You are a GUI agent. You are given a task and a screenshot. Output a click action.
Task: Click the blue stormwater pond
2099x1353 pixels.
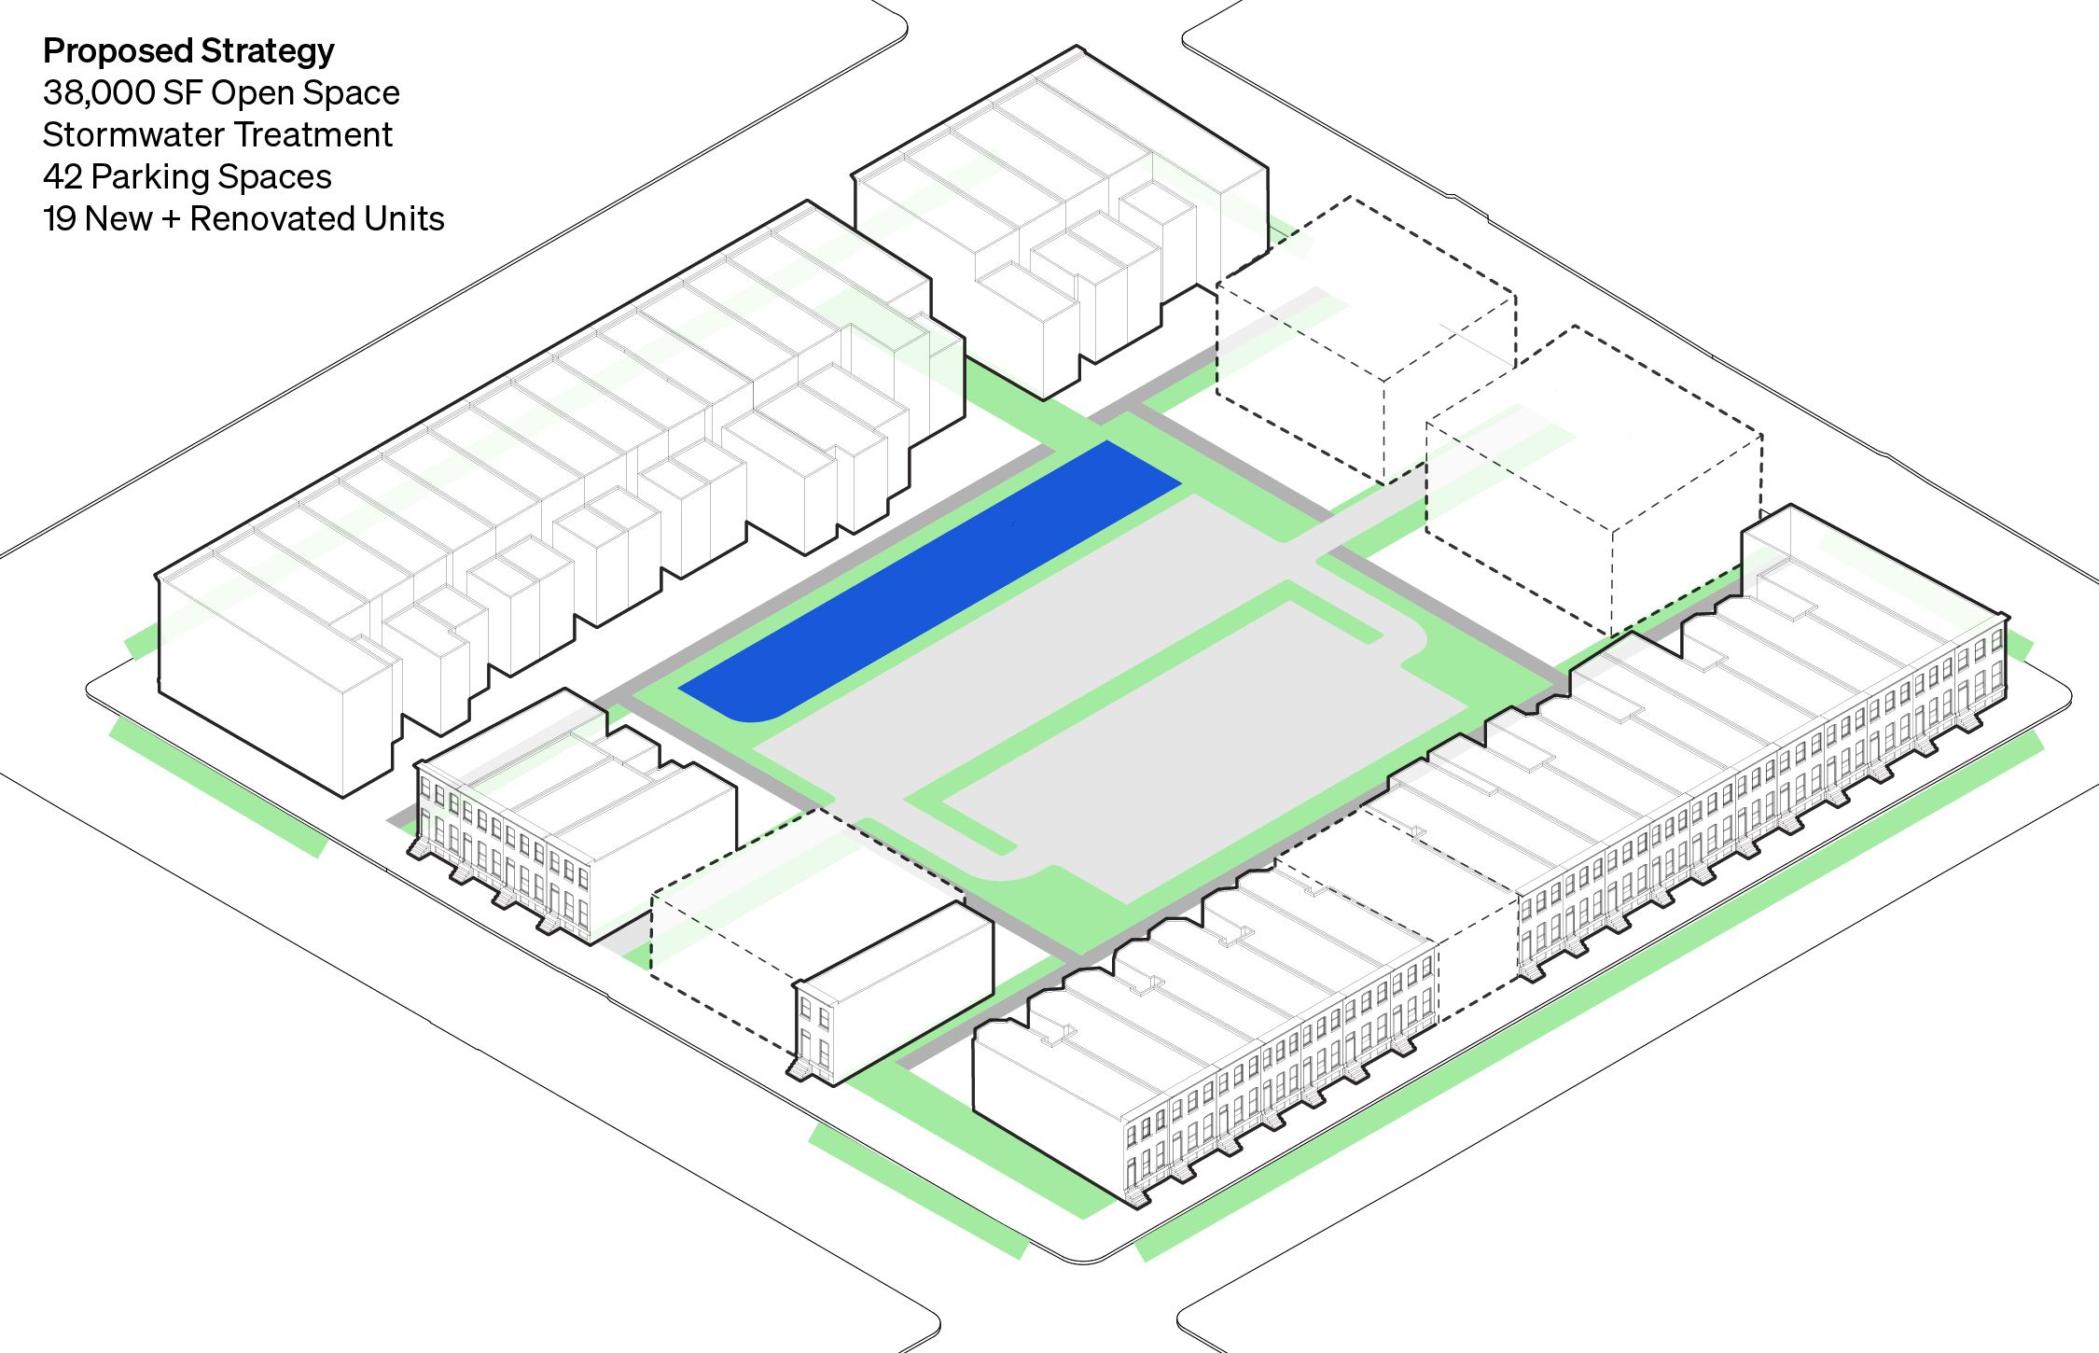pos(933,579)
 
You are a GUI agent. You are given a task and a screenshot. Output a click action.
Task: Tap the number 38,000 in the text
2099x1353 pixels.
pos(98,93)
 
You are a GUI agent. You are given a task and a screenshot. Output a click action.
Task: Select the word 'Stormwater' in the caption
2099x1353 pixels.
pos(122,135)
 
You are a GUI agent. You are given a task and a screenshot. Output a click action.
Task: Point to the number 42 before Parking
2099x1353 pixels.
pos(63,177)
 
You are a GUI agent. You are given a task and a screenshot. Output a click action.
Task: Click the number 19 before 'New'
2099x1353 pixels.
pos(59,219)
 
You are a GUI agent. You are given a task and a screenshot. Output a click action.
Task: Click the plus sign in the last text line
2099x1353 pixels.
pos(171,219)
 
